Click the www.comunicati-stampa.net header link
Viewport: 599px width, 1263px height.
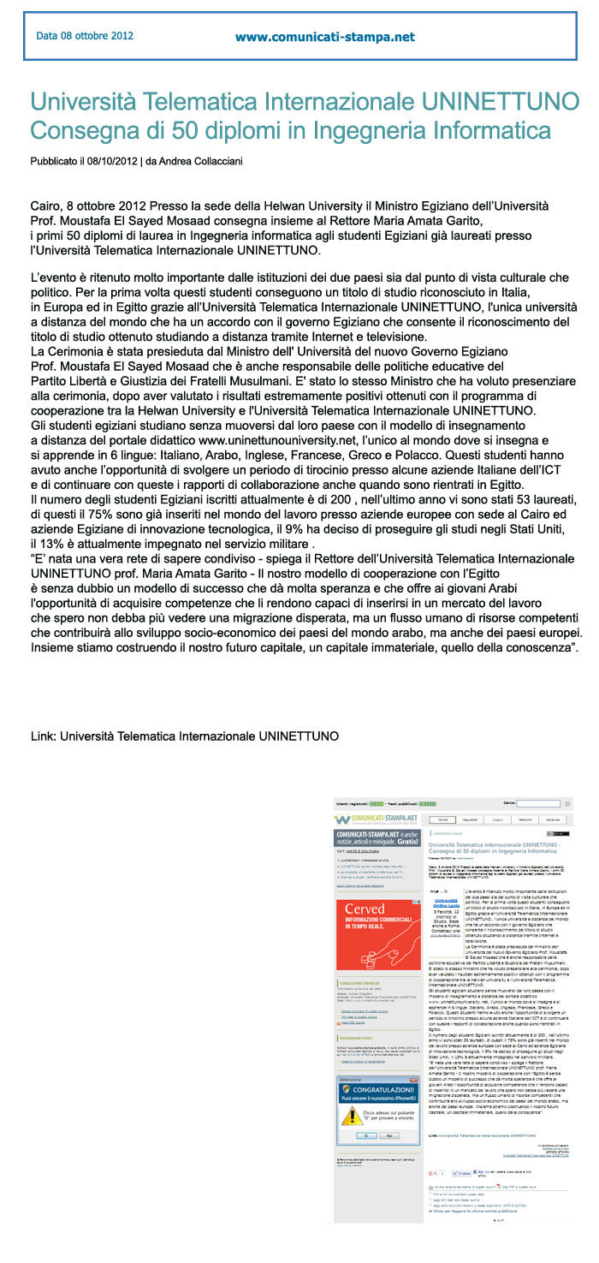(324, 37)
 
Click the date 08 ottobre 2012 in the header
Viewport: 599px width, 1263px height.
(85, 36)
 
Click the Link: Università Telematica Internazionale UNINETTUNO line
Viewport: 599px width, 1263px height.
(184, 736)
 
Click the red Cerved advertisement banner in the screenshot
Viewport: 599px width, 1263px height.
(378, 945)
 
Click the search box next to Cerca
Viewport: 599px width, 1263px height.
(561, 804)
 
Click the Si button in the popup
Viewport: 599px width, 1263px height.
(366, 1111)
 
